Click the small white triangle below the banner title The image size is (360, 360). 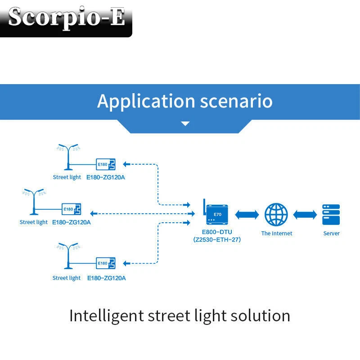[x=185, y=123]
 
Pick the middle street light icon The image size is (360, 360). [x=33, y=201]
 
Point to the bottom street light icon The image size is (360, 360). [x=68, y=256]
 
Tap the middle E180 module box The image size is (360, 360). [x=71, y=209]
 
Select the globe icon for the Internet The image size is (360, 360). [x=276, y=215]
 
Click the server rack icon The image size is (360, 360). [x=331, y=215]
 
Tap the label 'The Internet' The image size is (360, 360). [x=276, y=234]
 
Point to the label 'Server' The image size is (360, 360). [x=331, y=234]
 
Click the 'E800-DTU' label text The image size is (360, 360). [x=217, y=232]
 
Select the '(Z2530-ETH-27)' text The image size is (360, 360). [x=217, y=240]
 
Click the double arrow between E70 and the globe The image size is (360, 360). [x=247, y=215]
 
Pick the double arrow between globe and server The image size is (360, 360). [x=305, y=215]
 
